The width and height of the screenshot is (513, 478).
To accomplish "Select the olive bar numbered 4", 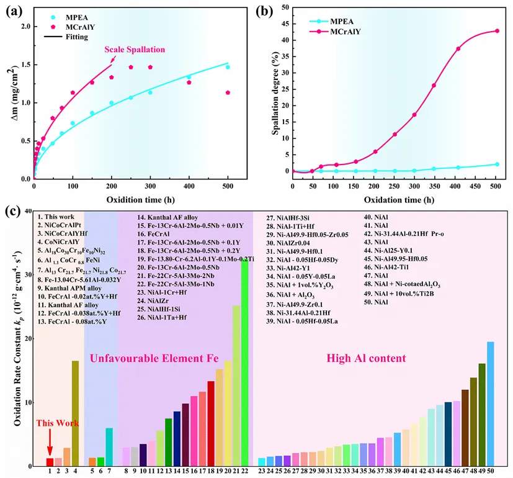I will click(75, 413).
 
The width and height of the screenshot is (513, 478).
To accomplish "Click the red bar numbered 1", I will click(50, 462).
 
